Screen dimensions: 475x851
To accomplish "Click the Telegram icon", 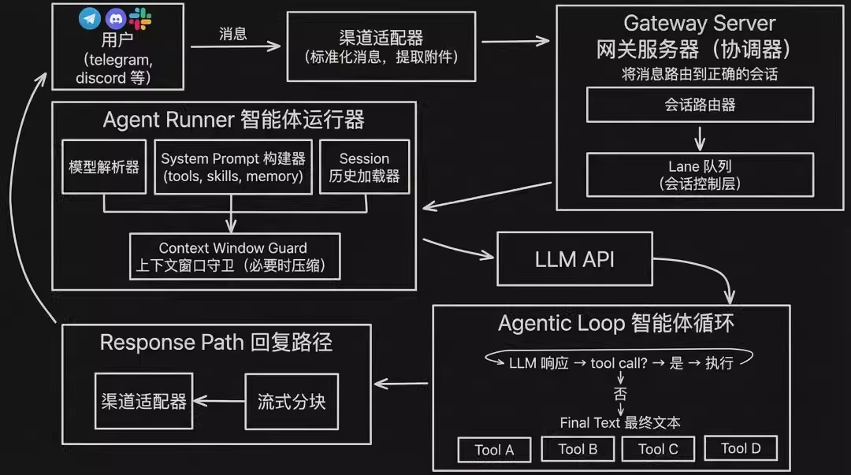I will click(x=90, y=19).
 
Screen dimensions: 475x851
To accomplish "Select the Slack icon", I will click(x=140, y=19).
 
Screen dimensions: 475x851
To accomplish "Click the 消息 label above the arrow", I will click(x=232, y=34).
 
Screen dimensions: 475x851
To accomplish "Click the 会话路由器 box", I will click(x=700, y=105).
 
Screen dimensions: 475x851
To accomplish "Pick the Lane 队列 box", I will click(x=700, y=175).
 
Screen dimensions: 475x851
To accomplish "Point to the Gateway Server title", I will click(x=700, y=23).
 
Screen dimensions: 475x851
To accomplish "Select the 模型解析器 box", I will click(x=104, y=167).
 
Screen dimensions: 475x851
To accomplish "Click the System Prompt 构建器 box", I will click(x=232, y=167).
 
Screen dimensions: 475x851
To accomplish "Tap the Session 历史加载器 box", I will click(x=364, y=167).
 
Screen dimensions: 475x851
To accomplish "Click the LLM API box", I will click(x=574, y=259).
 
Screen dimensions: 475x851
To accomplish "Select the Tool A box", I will click(x=494, y=450).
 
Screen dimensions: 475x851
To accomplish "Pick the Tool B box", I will click(x=578, y=449).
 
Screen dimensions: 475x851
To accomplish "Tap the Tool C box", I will click(x=658, y=449).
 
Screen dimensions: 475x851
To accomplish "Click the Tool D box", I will click(x=741, y=448).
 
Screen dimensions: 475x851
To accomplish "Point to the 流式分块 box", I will click(x=291, y=401).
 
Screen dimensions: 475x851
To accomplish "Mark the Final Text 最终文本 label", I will click(x=620, y=423).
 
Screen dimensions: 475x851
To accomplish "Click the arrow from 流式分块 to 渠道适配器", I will click(x=219, y=401).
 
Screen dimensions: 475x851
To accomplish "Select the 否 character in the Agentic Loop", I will click(x=620, y=392).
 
